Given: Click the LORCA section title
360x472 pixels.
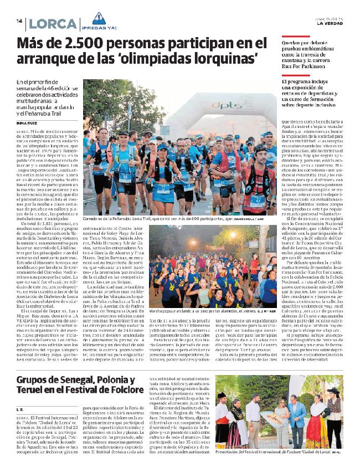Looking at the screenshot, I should (53, 24).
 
